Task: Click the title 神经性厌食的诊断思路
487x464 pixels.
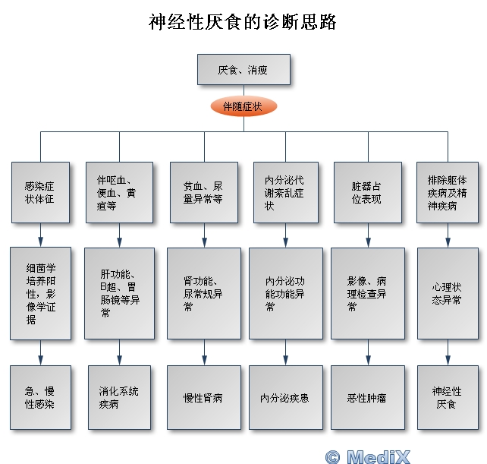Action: (243, 22)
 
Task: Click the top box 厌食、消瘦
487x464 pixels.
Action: (243, 70)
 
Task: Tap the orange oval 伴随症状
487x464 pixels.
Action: (243, 106)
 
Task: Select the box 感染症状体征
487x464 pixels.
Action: (40, 192)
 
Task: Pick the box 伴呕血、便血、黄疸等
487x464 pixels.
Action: (118, 192)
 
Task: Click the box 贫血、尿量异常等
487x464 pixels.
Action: (203, 192)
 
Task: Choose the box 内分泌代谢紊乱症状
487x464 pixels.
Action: (284, 192)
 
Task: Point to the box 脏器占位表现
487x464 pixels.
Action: (367, 192)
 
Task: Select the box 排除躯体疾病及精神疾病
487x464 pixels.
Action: (447, 192)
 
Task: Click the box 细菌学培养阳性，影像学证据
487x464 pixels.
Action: (40, 293)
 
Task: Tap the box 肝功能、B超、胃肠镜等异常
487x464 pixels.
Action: (118, 293)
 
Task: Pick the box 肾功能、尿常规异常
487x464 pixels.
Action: (203, 293)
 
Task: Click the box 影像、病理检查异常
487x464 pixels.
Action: (367, 293)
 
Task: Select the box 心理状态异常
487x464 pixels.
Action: (447, 293)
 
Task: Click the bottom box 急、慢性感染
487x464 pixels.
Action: (40, 397)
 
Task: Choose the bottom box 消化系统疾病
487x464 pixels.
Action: (118, 397)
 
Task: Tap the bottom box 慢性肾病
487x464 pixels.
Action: (203, 397)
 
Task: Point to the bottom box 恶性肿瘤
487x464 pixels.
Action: (367, 397)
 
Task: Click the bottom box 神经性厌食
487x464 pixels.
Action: (447, 397)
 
